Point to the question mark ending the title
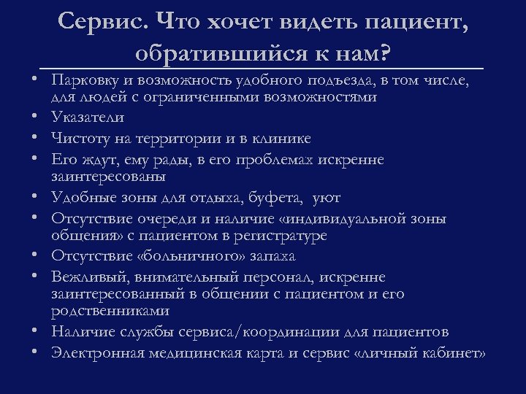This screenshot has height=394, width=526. click(x=385, y=53)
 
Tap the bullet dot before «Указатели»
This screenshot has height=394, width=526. click(x=35, y=117)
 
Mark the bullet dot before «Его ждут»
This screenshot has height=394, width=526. click(x=35, y=158)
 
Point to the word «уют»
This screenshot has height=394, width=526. click(x=327, y=197)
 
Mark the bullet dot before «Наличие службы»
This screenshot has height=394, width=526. click(x=35, y=332)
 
